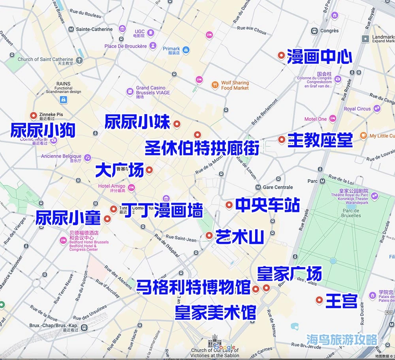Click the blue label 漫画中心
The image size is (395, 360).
coord(319,56)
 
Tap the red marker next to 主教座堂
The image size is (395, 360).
coord(282,139)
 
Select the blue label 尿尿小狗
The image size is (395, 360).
coord(43,130)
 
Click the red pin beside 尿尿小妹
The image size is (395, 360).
coord(177,124)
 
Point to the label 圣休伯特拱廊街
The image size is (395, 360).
coord(202,148)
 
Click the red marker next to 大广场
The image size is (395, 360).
coord(149,170)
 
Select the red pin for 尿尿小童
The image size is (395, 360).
coord(107,219)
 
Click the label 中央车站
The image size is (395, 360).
coord(267,205)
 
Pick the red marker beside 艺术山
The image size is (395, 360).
coord(209,236)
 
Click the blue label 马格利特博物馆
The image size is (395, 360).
coord(193,287)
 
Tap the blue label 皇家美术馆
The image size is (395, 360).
coord(216,312)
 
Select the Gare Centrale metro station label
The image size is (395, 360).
coord(278,187)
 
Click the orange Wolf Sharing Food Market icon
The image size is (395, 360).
coord(215,85)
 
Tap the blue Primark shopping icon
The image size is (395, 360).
coord(186,50)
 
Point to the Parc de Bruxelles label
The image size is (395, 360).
coord(351,213)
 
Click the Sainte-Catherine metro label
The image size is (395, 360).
coord(94,29)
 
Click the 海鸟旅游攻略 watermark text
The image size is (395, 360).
coord(342,339)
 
